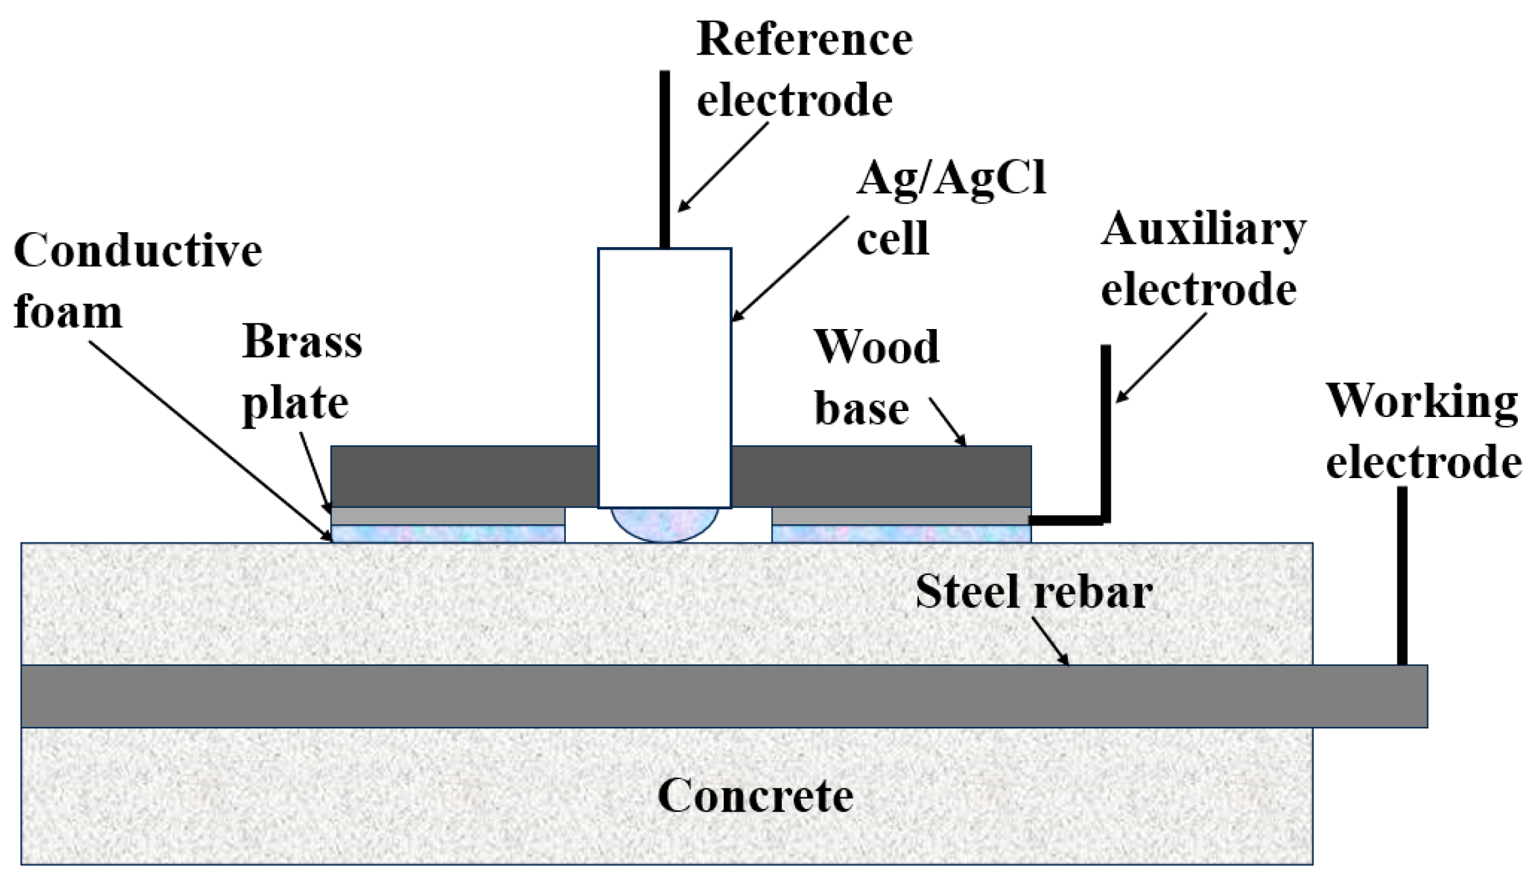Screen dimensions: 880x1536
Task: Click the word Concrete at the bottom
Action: tap(755, 795)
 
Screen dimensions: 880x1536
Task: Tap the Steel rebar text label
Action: tap(1033, 592)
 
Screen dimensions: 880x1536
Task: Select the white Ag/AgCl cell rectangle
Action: tap(664, 377)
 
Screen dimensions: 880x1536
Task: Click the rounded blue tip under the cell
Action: tap(664, 524)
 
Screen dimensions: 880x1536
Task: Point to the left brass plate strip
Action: tap(447, 516)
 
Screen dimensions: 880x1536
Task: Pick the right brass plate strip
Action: tap(901, 516)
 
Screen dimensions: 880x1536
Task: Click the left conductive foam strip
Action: tap(447, 534)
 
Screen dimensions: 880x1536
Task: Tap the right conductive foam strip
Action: tap(901, 534)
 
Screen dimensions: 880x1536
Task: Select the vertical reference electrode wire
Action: tap(664, 159)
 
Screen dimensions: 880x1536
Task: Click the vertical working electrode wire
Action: tap(1402, 576)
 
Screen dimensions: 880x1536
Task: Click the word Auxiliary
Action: tap(1203, 229)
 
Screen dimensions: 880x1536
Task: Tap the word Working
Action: tap(1422, 401)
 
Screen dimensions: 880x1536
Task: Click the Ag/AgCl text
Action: tap(951, 177)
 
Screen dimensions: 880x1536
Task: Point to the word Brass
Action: tap(302, 341)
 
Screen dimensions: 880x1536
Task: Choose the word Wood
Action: tap(876, 346)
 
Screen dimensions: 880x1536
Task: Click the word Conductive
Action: tap(138, 250)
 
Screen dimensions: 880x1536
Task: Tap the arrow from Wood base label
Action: tap(947, 422)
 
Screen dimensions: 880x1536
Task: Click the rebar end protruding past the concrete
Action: tap(1369, 696)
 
